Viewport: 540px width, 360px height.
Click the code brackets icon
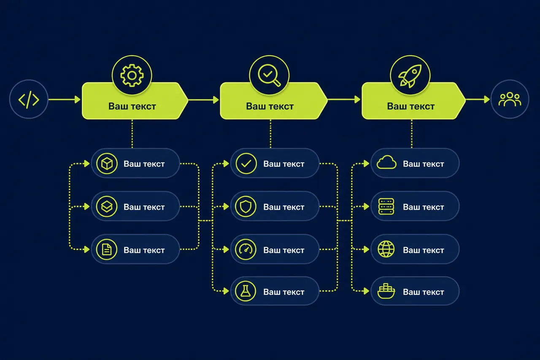click(x=29, y=99)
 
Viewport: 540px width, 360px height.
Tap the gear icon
click(x=132, y=76)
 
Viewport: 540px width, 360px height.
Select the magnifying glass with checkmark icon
click(x=269, y=75)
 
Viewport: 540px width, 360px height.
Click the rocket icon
click(x=410, y=76)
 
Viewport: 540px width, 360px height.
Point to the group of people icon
click(x=510, y=99)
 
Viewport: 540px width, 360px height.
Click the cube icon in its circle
click(x=107, y=164)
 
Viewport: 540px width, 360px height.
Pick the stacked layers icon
click(x=107, y=207)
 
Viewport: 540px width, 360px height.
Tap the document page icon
click(x=107, y=249)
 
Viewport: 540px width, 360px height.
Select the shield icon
click(x=246, y=207)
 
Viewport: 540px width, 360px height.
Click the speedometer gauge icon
click(x=246, y=249)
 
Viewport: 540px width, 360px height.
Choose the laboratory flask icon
click(x=246, y=291)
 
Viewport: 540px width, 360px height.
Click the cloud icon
click(x=386, y=162)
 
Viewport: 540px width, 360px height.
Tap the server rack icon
click(x=386, y=206)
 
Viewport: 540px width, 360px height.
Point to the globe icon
click(x=386, y=249)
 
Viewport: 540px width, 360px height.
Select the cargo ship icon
click(x=386, y=291)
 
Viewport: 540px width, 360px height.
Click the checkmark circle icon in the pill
click(x=246, y=164)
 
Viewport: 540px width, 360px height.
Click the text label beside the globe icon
click(x=423, y=250)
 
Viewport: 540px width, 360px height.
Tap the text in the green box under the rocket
click(x=411, y=106)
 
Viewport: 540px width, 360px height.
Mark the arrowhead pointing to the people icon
click(x=487, y=99)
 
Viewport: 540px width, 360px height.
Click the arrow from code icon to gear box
click(x=65, y=99)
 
